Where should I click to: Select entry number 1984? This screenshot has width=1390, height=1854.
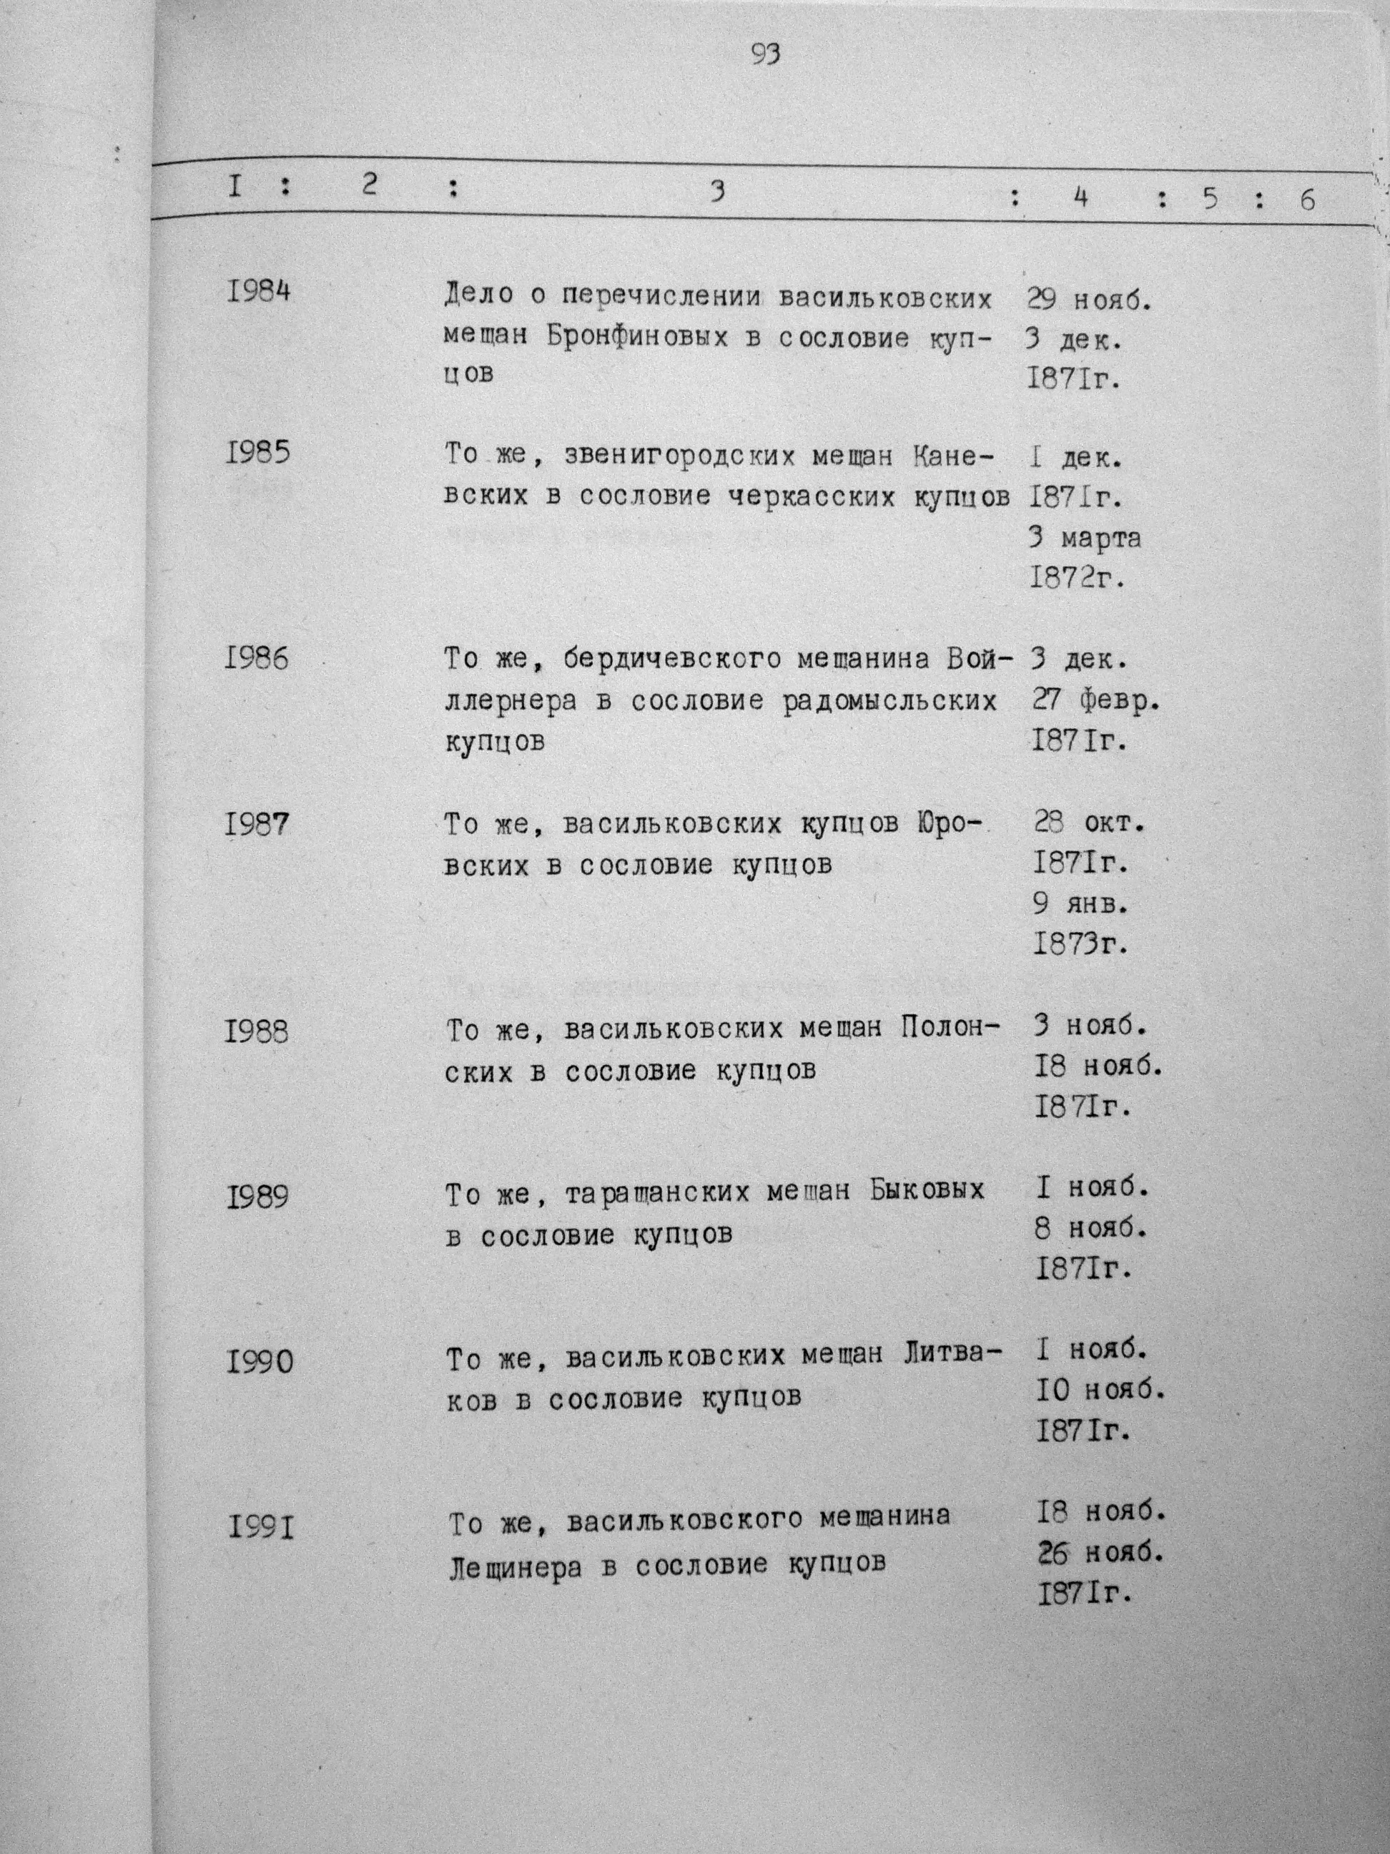tap(258, 293)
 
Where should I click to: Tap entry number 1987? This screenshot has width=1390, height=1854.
tap(257, 825)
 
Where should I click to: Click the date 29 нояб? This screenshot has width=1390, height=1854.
tap(1089, 299)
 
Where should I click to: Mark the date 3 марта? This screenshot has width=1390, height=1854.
tap(1084, 538)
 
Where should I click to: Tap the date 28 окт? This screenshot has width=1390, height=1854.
tap(1088, 823)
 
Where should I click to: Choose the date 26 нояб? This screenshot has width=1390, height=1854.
tap(1101, 1553)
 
